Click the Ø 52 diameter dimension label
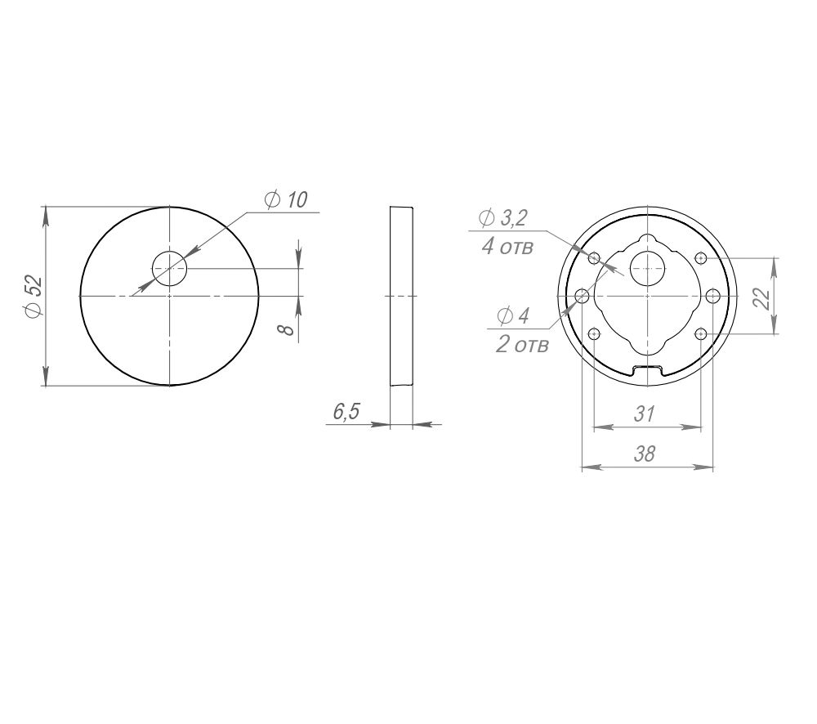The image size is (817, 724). [x=33, y=296]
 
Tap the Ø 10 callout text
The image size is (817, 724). [x=285, y=199]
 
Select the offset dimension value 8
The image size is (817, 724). [x=286, y=329]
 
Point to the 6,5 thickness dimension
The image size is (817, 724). [x=346, y=412]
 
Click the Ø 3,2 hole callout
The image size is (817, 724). [x=503, y=218]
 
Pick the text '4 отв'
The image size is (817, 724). [x=507, y=246]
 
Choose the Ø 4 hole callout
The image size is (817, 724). [x=514, y=315]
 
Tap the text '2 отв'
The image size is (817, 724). [x=522, y=345]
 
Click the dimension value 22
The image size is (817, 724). [x=762, y=298]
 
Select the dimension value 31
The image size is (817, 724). [x=645, y=413]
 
